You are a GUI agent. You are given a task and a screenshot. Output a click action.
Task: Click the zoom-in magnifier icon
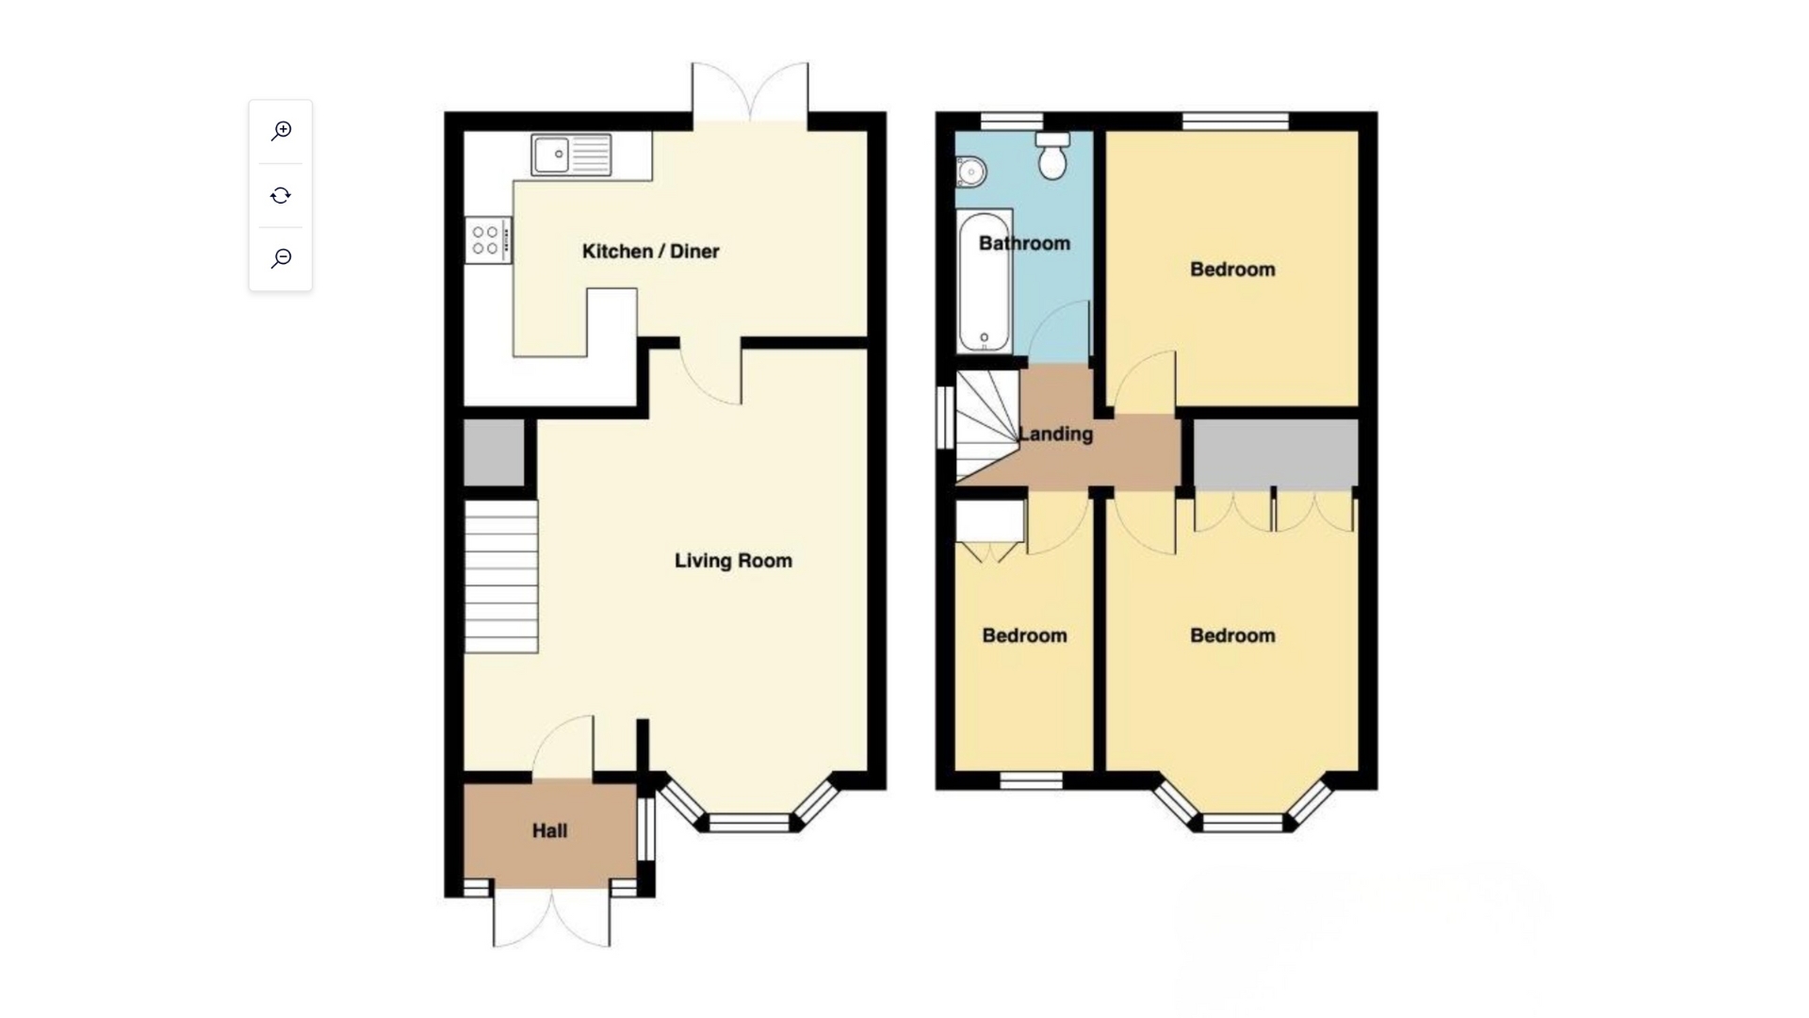(281, 131)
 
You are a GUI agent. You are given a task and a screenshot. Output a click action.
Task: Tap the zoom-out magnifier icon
(281, 258)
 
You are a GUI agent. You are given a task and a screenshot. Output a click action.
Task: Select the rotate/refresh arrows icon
(281, 195)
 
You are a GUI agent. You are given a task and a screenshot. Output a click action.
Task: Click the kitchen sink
(572, 155)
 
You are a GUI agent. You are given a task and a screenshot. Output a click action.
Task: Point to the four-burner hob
(488, 240)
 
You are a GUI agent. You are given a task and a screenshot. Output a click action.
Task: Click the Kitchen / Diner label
(650, 252)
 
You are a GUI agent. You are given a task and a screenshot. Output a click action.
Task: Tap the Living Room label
(733, 561)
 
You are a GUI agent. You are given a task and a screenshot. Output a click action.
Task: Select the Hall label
(549, 830)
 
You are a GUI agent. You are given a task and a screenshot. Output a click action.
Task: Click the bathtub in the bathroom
(985, 280)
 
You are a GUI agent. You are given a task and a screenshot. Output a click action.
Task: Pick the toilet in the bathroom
(1052, 156)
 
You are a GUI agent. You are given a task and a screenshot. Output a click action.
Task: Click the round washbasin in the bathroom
(970, 172)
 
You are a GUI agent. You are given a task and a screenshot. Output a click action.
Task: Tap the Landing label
(1055, 435)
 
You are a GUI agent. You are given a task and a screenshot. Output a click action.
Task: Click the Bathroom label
(1024, 243)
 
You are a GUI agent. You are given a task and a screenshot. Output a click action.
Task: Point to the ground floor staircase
(501, 576)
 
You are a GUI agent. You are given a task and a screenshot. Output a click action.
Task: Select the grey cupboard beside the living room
(495, 453)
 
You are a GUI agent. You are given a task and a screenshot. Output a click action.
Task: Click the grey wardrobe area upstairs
(1276, 454)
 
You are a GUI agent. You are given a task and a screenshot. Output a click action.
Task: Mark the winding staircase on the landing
(987, 426)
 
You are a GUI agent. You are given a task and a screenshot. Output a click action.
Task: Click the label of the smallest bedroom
(1024, 635)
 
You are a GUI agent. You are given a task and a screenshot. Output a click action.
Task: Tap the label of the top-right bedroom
(1232, 270)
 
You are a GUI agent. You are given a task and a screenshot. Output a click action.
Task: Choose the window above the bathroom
(1011, 121)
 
